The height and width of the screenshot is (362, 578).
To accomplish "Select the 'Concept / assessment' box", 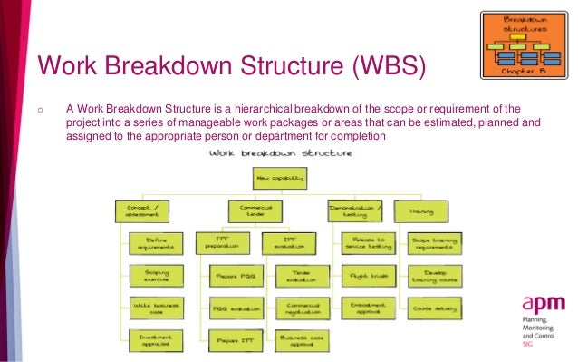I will [x=141, y=211].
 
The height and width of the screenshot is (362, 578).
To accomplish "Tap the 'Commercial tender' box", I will [x=253, y=211].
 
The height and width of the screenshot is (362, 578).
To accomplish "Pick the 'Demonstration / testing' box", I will [x=354, y=211].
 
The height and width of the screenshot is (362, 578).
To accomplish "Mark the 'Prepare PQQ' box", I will [x=235, y=275].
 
